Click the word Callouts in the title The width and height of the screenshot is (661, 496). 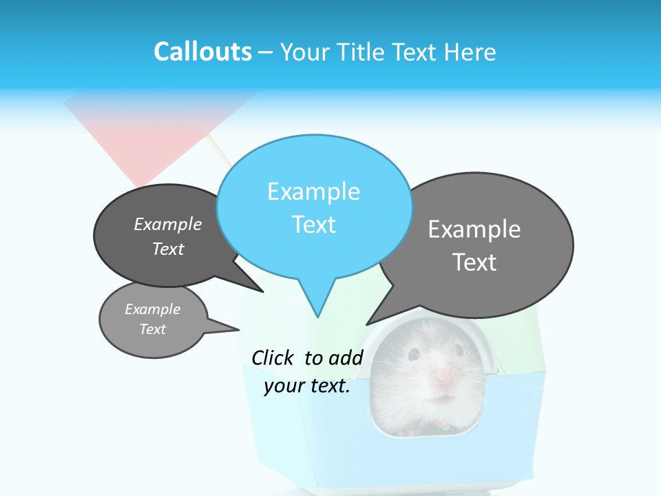[x=202, y=52]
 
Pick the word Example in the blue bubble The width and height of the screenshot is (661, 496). [x=313, y=192]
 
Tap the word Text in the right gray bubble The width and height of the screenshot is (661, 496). [x=474, y=262]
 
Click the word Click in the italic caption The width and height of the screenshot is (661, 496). [x=273, y=358]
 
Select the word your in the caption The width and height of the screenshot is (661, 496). [x=284, y=386]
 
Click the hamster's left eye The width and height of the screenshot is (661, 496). [x=414, y=354]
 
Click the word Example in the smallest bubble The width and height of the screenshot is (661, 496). [x=152, y=309]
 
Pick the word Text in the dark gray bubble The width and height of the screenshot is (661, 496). [x=168, y=249]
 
